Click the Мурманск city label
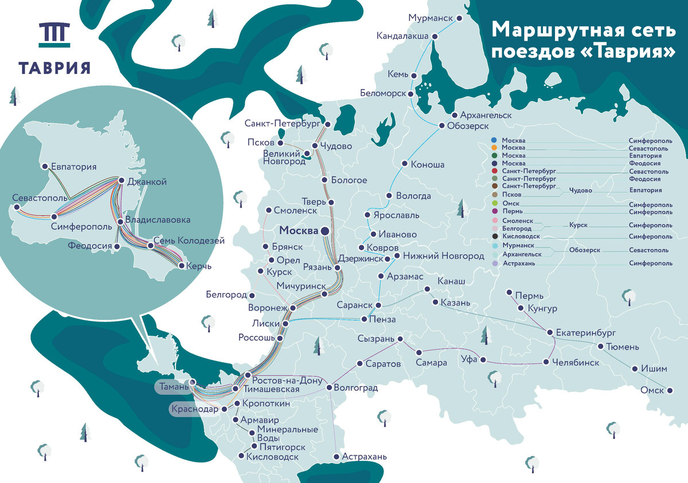pyautogui.click(x=431, y=18)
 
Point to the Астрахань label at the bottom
pyautogui.click(x=364, y=457)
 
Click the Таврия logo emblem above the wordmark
pyautogui.click(x=54, y=35)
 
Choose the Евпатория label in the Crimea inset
pyautogui.click(x=73, y=167)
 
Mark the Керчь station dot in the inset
pyautogui.click(x=182, y=266)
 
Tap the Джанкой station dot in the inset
pyautogui.click(x=121, y=181)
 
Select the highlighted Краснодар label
pyautogui.click(x=194, y=410)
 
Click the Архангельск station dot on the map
pyautogui.click(x=455, y=115)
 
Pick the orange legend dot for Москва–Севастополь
pyautogui.click(x=494, y=148)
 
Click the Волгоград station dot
pyautogui.click(x=329, y=388)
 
